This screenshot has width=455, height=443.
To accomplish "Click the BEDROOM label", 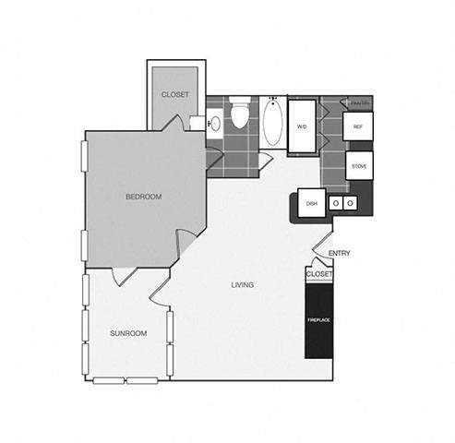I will [x=144, y=197].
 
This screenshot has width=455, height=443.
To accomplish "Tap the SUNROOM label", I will [x=128, y=333].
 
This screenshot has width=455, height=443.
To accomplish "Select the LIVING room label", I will [x=243, y=284].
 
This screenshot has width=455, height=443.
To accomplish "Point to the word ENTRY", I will [x=339, y=253].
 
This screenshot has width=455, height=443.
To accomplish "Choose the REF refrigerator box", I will [x=357, y=126].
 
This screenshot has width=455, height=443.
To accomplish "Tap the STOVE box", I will [x=358, y=166].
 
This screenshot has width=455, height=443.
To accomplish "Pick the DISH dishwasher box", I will [x=311, y=204].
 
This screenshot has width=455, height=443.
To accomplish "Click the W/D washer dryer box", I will [x=302, y=126].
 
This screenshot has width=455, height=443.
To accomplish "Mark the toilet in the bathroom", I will [x=241, y=115].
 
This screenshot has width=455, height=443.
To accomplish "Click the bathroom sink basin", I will [x=214, y=123].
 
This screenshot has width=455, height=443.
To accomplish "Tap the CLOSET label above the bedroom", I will [x=174, y=94].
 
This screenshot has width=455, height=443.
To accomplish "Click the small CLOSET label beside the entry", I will [x=318, y=275].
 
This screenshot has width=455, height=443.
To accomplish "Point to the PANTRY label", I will [x=359, y=102].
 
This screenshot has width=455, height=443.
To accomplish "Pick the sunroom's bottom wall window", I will [x=126, y=380].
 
